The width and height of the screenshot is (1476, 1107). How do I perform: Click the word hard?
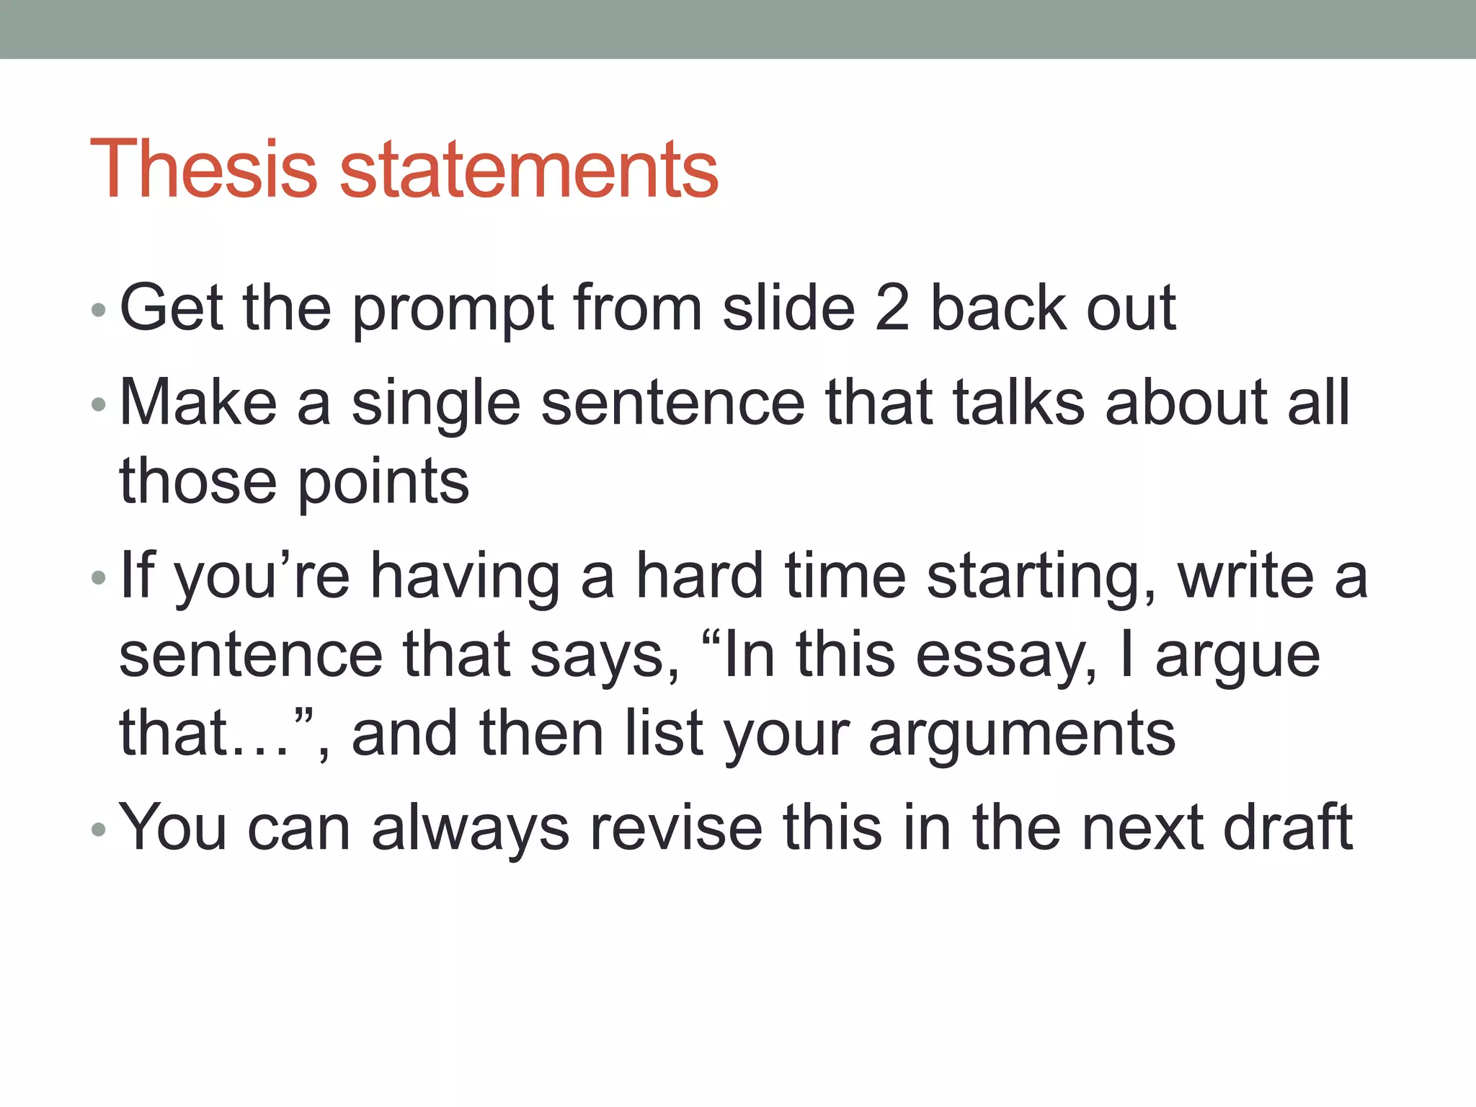click(699, 576)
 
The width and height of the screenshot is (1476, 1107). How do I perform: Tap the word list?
click(664, 733)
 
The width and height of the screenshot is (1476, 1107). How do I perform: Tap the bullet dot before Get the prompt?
click(99, 311)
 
